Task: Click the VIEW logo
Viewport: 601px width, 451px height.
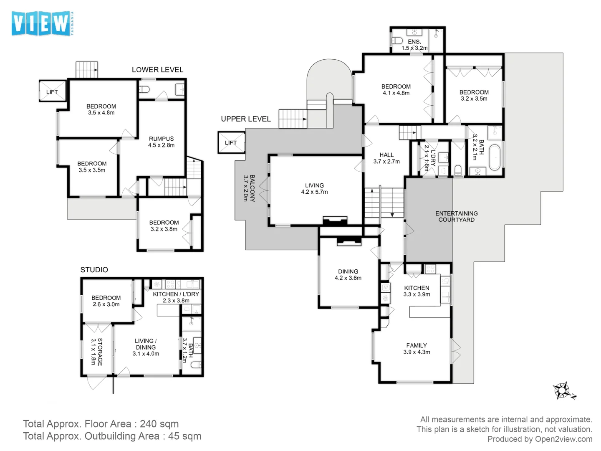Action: (x=41, y=23)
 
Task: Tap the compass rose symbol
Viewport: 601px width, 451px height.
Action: (x=563, y=391)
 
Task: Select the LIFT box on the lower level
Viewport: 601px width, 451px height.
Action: (x=53, y=92)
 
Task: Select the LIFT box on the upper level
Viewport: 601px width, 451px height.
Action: (x=231, y=143)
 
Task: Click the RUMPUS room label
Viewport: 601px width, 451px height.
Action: (x=161, y=142)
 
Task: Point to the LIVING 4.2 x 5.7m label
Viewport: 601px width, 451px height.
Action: (x=314, y=189)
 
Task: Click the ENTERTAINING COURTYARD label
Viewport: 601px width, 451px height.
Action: (x=456, y=216)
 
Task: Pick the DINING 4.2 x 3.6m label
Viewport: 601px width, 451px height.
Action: (x=348, y=274)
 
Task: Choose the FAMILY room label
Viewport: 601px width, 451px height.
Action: (x=417, y=349)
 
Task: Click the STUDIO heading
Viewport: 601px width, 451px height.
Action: (x=94, y=270)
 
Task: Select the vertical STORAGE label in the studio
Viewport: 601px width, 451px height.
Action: (x=97, y=352)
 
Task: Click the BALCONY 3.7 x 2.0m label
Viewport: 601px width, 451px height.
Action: (x=249, y=188)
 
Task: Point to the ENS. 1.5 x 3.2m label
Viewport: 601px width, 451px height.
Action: (x=414, y=45)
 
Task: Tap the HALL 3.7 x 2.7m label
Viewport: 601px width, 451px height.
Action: (x=386, y=158)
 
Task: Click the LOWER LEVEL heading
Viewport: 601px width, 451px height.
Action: (x=157, y=70)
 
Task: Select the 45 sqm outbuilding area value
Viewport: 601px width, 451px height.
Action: (x=184, y=436)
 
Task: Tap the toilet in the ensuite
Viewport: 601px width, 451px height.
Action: (x=397, y=41)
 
